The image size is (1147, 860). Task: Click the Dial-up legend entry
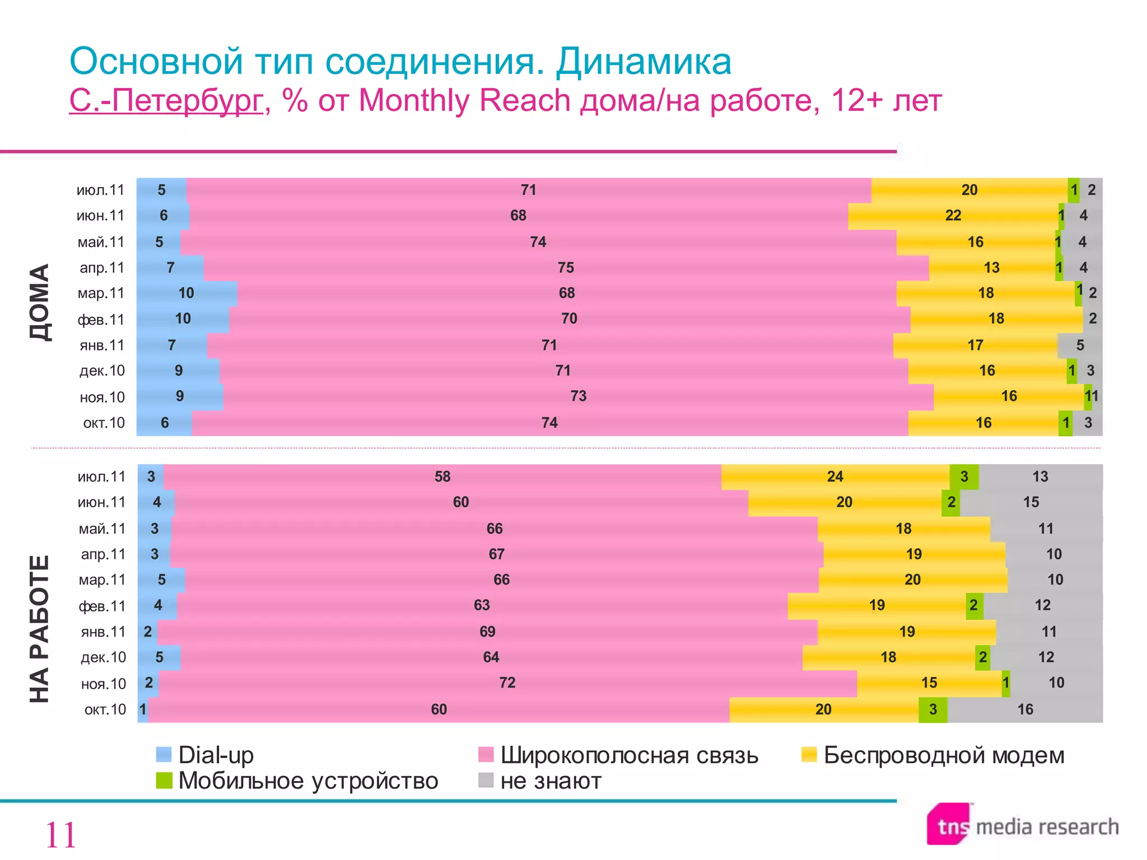[216, 755]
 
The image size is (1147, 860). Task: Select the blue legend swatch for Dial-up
[164, 755]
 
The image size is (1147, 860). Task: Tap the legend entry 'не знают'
[551, 781]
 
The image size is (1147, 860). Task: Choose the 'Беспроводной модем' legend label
[944, 755]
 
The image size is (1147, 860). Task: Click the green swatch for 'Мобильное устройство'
[164, 780]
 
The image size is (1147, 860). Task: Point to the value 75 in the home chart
[566, 268]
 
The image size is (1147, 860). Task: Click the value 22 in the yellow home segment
[953, 216]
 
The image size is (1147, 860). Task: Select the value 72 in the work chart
[507, 683]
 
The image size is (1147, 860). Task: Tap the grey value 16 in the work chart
[1025, 709]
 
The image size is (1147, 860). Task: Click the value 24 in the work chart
[834, 476]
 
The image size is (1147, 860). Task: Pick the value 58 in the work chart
[442, 476]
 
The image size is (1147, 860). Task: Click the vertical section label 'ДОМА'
[40, 302]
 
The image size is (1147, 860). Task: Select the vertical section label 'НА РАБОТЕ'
[40, 629]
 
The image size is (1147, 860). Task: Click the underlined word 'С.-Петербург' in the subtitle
[166, 101]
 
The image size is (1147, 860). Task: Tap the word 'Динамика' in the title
[644, 61]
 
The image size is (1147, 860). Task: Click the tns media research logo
[1022, 826]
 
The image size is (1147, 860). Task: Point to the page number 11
[60, 835]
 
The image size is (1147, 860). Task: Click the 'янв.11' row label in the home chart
[102, 345]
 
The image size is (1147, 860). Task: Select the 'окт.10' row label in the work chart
[105, 709]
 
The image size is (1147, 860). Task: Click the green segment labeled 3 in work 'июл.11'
[964, 476]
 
